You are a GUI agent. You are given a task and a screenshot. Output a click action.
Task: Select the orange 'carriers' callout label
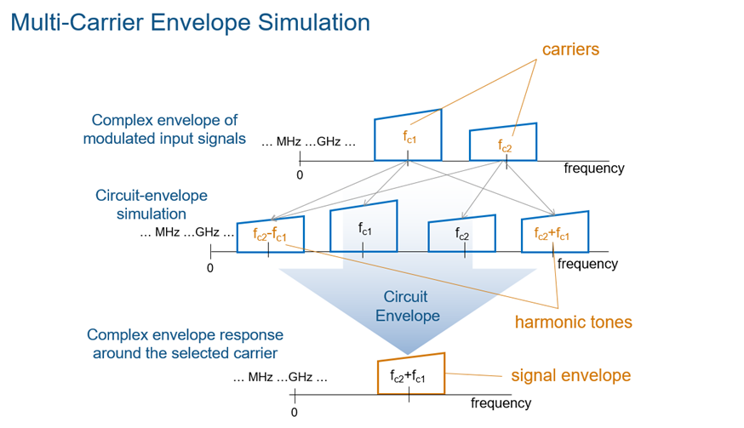click(570, 49)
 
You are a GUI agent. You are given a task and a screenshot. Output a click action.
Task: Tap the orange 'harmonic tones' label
click(573, 322)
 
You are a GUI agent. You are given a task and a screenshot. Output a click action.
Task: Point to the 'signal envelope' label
click(570, 375)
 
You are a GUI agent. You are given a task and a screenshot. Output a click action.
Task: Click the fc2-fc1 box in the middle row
click(269, 231)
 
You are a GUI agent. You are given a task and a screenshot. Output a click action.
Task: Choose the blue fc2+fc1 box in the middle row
click(553, 232)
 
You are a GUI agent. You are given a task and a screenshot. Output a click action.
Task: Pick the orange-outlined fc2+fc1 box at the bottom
click(409, 374)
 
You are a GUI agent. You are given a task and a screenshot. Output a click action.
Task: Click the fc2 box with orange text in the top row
click(504, 143)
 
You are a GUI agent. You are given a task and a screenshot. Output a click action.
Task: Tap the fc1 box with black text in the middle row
click(364, 228)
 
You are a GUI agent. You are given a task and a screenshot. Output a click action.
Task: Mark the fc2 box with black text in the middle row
click(461, 232)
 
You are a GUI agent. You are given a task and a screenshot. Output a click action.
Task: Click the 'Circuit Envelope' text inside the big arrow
click(405, 306)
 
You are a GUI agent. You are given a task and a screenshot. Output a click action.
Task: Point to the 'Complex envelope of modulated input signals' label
click(164, 129)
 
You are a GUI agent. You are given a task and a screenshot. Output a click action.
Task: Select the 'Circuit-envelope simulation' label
click(152, 204)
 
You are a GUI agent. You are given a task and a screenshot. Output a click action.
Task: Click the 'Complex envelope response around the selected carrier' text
click(185, 344)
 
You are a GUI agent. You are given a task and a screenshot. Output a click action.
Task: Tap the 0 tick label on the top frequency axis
click(300, 174)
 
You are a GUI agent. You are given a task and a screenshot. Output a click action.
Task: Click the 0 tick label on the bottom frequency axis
click(294, 412)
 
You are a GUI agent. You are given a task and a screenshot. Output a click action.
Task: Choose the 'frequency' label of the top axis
click(593, 168)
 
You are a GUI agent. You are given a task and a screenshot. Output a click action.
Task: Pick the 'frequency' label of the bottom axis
click(501, 402)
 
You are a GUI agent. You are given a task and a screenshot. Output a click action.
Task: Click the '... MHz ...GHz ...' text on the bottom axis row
click(279, 377)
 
